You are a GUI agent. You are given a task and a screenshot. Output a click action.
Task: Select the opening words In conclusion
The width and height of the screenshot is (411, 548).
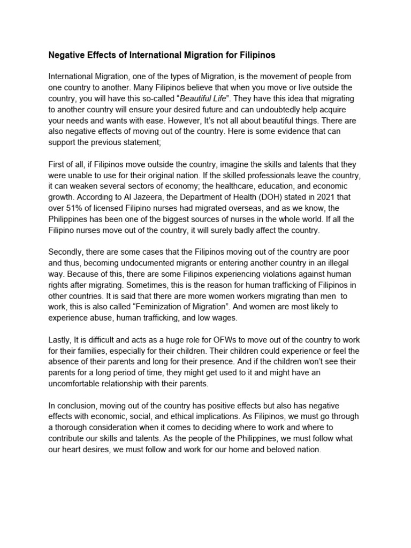coord(74,406)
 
